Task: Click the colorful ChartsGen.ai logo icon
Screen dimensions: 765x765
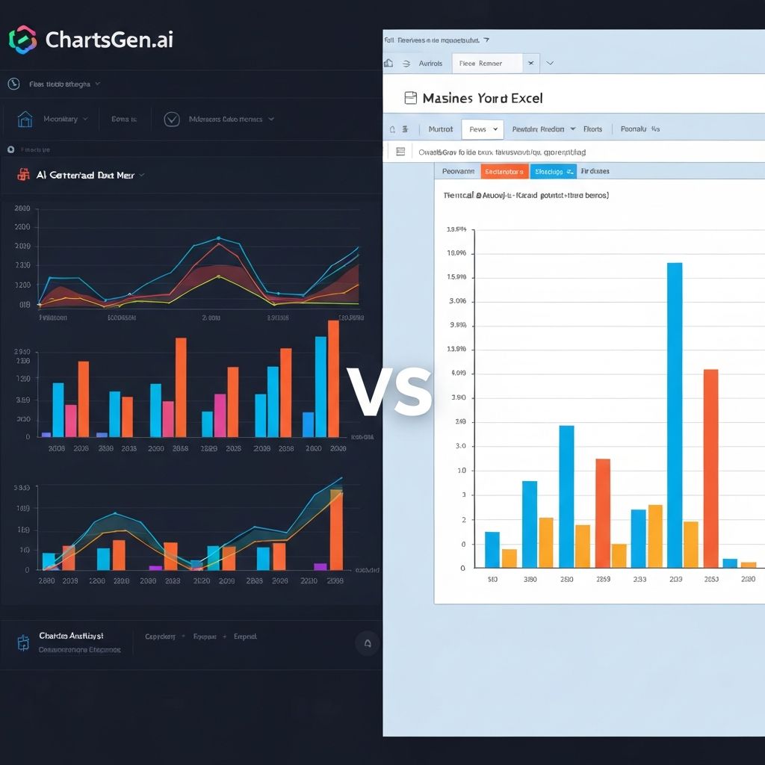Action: tap(22, 40)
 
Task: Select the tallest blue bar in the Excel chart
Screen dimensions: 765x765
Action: tap(674, 415)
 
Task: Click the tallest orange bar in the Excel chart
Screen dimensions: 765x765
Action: tap(710, 468)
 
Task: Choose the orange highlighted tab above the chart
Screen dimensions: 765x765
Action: tap(504, 171)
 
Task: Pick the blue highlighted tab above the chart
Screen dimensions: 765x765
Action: tap(554, 171)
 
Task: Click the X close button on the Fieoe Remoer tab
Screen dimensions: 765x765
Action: tap(530, 64)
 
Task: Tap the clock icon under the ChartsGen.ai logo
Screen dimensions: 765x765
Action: tap(13, 84)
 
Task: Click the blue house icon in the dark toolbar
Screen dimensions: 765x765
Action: tap(25, 119)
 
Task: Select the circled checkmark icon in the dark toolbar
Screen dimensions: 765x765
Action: tap(172, 119)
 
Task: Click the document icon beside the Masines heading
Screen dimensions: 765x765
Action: tap(409, 98)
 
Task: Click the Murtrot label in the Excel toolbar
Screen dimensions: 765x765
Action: tap(440, 129)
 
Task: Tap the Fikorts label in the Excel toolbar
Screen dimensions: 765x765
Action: tap(592, 129)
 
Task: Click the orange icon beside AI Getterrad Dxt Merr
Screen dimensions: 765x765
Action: tap(22, 175)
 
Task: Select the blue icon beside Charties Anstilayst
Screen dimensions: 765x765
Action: tap(24, 642)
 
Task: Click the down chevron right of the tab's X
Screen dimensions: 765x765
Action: tap(551, 64)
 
